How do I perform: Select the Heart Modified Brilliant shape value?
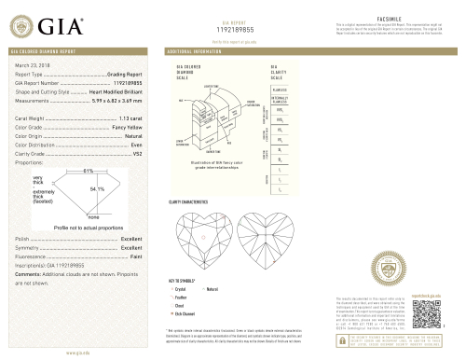point(115,93)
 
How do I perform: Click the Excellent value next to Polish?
point(131,240)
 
